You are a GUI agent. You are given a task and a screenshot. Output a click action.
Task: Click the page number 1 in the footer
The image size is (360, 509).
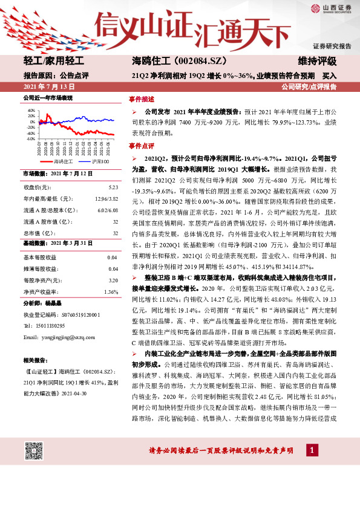[x=311, y=450]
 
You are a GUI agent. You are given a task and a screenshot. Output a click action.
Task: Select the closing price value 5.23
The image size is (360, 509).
[x=113, y=187]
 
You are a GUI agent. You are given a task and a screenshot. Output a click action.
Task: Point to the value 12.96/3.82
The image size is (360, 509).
[x=106, y=199]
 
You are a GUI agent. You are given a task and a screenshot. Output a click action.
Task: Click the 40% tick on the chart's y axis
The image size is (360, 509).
[x=30, y=111]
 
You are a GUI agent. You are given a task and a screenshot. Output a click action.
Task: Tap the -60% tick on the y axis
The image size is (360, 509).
[x=30, y=138]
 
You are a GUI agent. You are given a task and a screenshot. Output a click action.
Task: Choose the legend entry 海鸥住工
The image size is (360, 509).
[x=63, y=162]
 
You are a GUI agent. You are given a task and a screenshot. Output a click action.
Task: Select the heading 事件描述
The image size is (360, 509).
[x=141, y=99]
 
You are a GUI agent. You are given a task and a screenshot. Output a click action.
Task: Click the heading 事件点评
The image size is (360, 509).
[x=141, y=146]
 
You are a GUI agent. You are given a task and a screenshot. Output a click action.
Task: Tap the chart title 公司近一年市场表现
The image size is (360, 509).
[x=48, y=98]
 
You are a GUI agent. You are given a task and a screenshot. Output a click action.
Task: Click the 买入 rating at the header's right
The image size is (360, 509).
[x=329, y=76]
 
